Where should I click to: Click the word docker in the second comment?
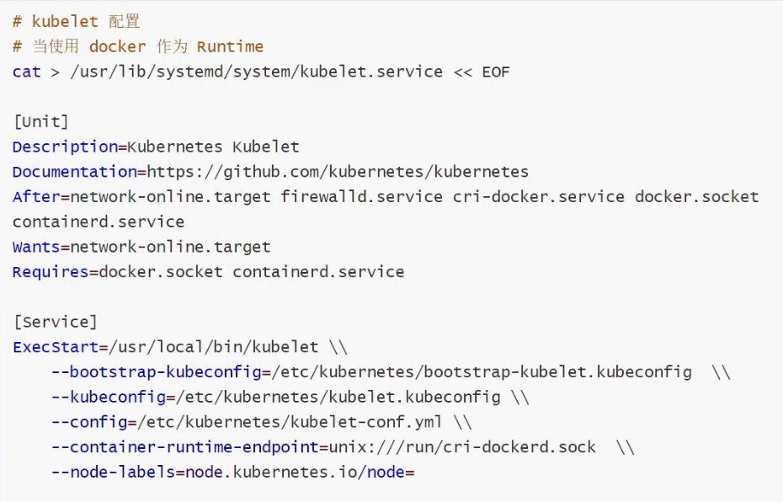pyautogui.click(x=118, y=46)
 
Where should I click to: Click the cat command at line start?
pyautogui.click(x=27, y=72)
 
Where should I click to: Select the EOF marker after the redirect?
pyautogui.click(x=496, y=72)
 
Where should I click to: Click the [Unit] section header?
pyautogui.click(x=41, y=121)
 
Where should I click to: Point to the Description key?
pyautogui.click(x=65, y=147)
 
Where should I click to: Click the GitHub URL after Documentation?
pyautogui.click(x=338, y=172)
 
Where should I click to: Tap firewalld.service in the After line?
pyautogui.click(x=361, y=197)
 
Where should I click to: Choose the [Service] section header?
pyautogui.click(x=56, y=322)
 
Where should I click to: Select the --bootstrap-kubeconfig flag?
pyautogui.click(x=156, y=372)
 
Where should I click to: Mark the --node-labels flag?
pyautogui.click(x=113, y=473)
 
